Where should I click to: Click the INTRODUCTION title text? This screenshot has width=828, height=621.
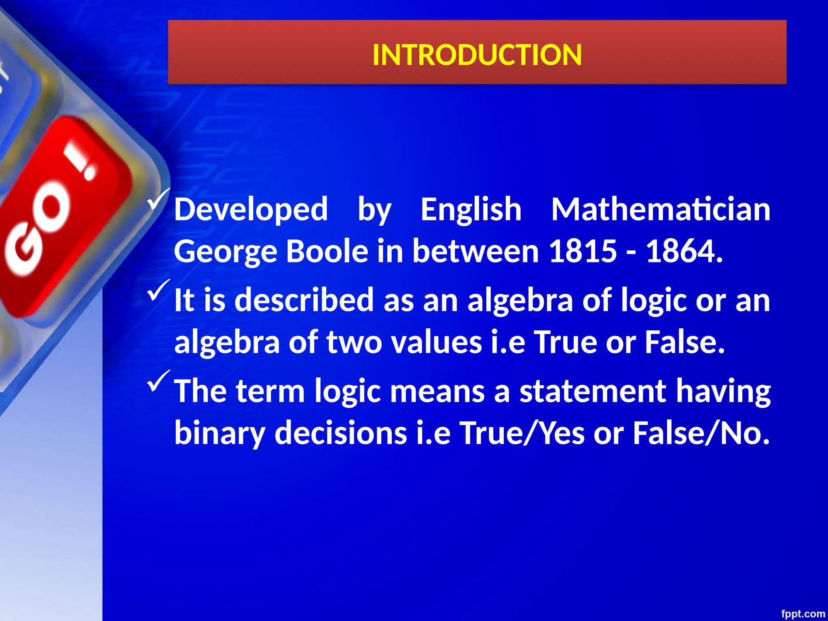(x=477, y=55)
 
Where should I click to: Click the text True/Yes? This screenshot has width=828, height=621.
(x=522, y=433)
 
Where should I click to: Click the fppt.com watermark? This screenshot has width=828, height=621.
(x=803, y=614)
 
